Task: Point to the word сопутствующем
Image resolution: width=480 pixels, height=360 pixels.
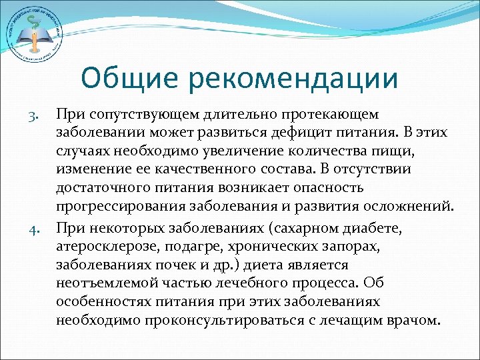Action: pos(143,117)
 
